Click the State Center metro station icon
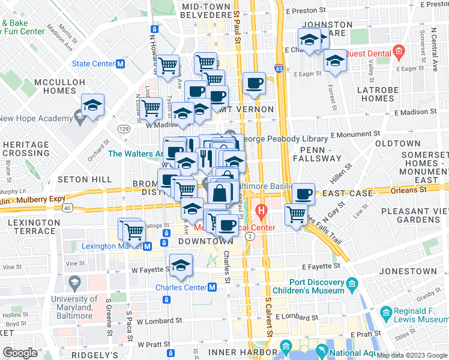point(121,64)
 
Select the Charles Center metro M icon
point(212,287)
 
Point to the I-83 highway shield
point(279,69)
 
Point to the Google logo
point(20,353)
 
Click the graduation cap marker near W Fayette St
point(180,265)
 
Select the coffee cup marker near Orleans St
point(303,194)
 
